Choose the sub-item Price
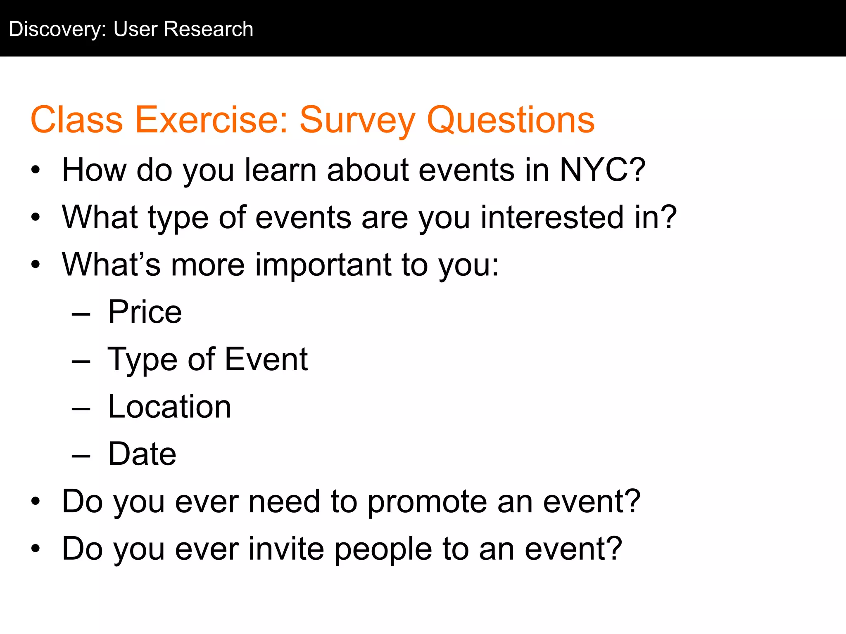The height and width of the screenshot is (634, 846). point(145,312)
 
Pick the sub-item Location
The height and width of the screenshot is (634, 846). point(169,407)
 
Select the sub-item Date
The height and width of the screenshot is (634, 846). point(142,454)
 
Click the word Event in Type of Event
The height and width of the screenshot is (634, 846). point(266,359)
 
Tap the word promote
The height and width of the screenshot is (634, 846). point(427,502)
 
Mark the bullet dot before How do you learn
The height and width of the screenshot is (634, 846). point(36,170)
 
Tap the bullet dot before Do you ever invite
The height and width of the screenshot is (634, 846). point(36,549)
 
